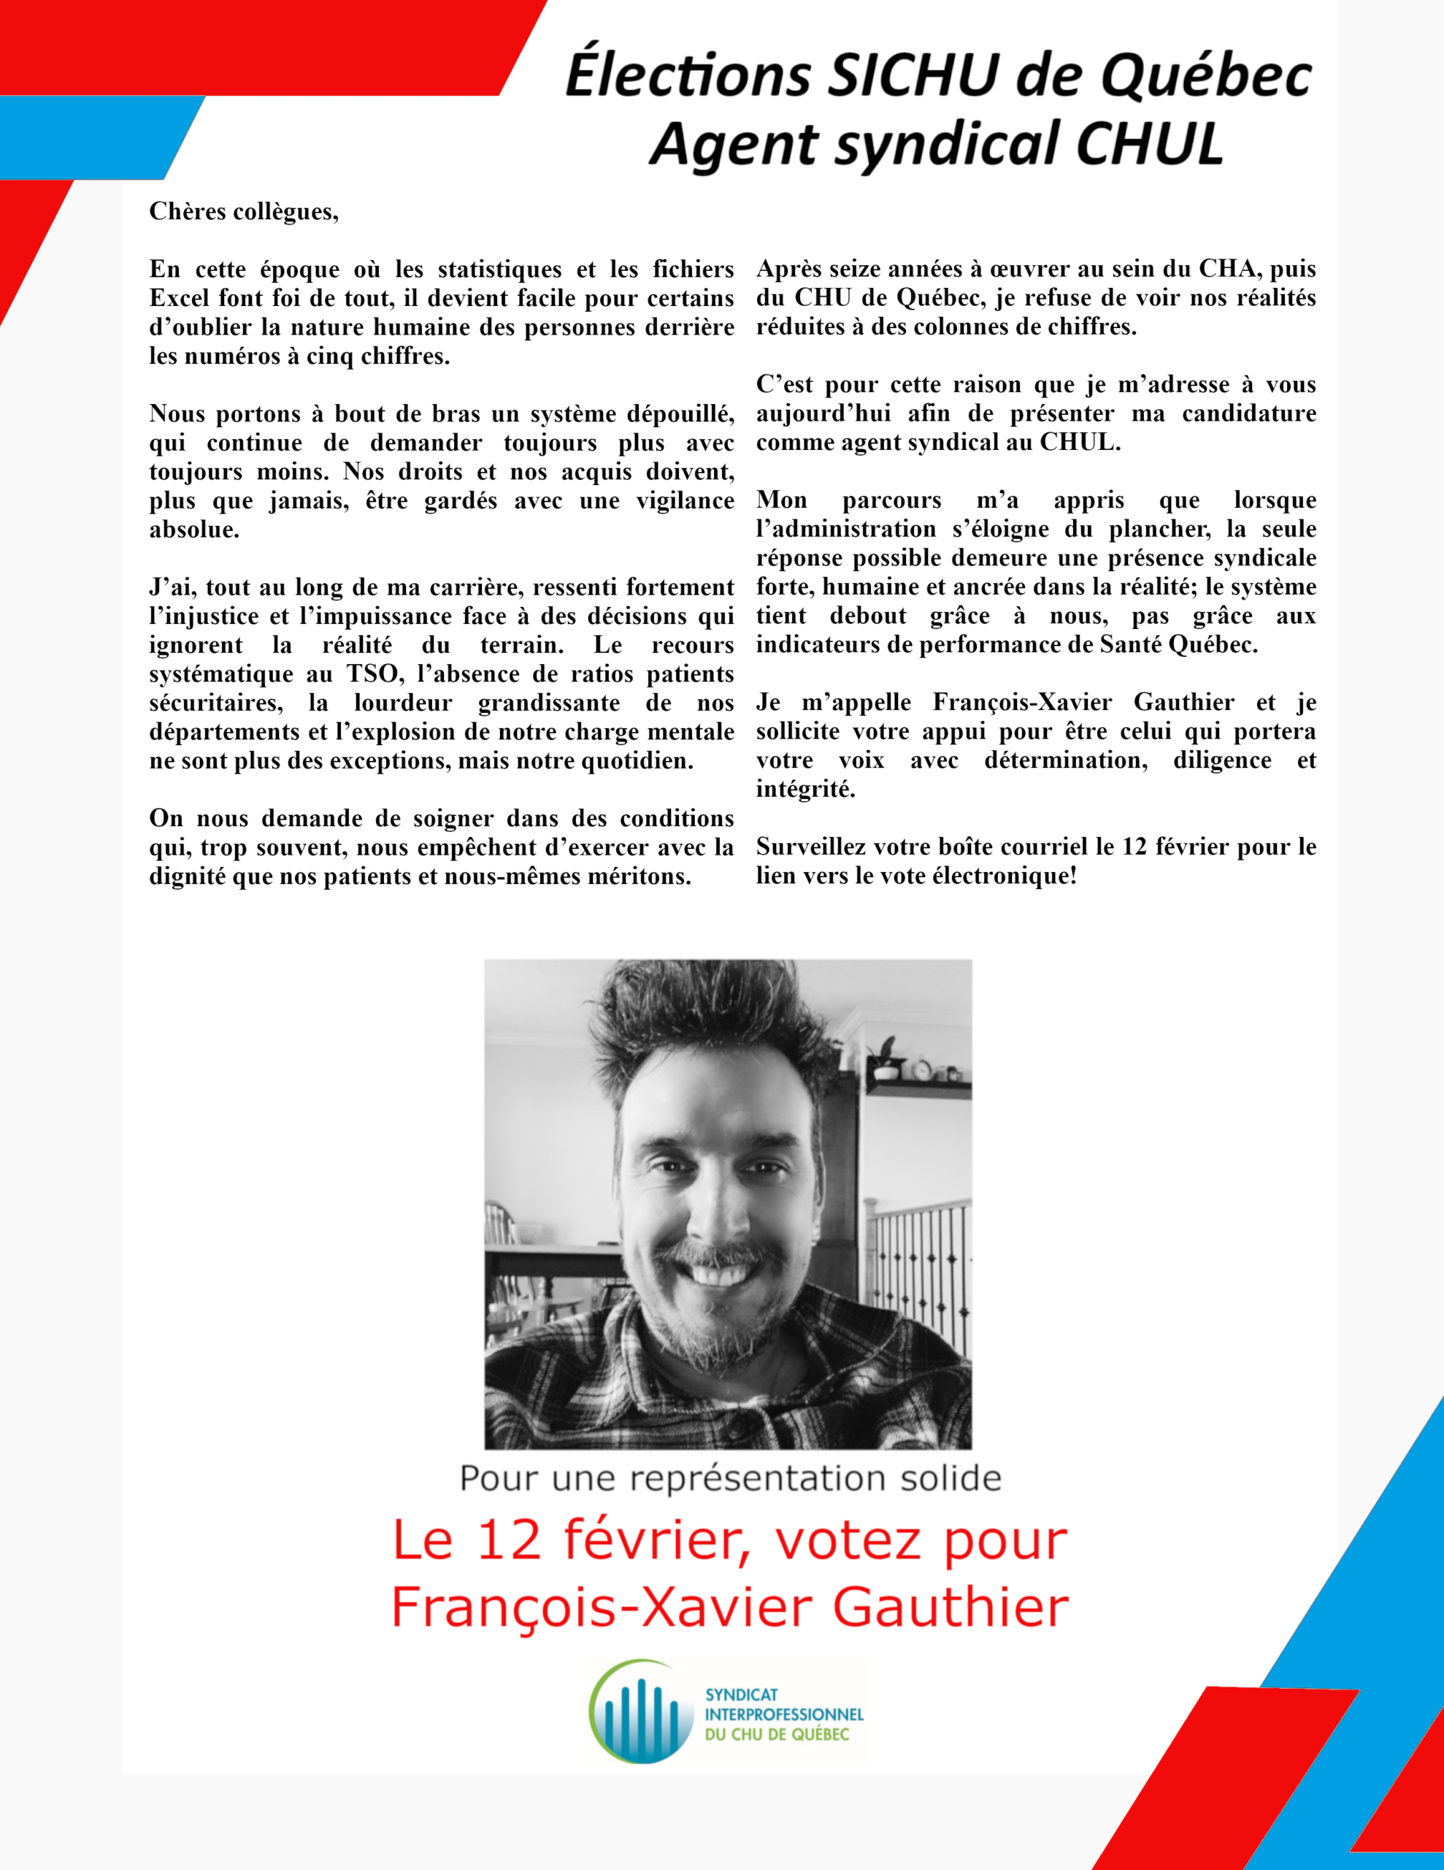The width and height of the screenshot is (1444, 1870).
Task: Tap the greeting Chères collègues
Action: (x=244, y=212)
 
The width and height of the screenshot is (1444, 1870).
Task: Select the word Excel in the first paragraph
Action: (x=179, y=299)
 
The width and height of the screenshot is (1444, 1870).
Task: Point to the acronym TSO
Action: (x=372, y=673)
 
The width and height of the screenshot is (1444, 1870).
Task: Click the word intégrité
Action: (x=805, y=790)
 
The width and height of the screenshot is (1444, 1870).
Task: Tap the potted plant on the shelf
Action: (x=884, y=1058)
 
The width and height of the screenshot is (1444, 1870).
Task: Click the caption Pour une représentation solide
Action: (x=730, y=1478)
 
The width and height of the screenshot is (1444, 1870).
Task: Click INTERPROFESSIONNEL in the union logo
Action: (x=784, y=1715)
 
